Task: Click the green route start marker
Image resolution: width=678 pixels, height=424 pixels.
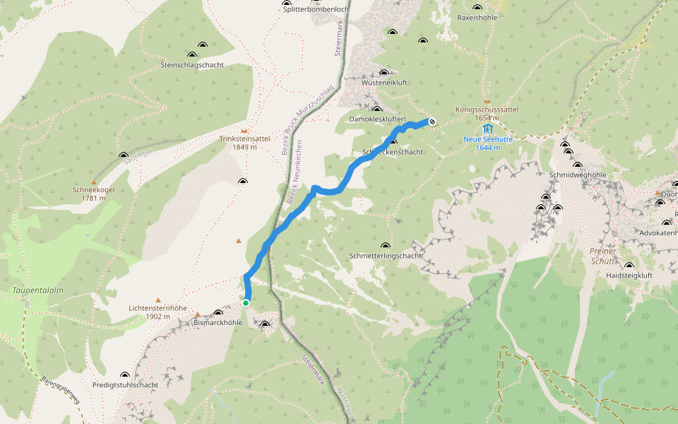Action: pyautogui.click(x=246, y=302)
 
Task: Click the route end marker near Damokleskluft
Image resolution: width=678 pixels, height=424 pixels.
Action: pyautogui.click(x=432, y=122)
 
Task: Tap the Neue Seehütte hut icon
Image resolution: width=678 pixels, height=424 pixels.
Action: pyautogui.click(x=488, y=129)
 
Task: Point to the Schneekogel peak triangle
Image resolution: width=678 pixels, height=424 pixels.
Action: pyautogui.click(x=93, y=182)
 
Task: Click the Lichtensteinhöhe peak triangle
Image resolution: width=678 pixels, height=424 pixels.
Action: pyautogui.click(x=158, y=300)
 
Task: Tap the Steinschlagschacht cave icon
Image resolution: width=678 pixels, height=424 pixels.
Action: pyautogui.click(x=192, y=55)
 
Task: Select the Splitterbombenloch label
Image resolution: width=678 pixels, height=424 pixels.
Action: pyautogui.click(x=315, y=9)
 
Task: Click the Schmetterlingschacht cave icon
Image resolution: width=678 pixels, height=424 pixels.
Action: pyautogui.click(x=386, y=245)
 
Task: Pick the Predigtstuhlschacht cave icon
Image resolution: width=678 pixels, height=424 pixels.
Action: pyautogui.click(x=125, y=375)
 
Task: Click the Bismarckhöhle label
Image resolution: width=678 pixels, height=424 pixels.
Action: pyautogui.click(x=218, y=322)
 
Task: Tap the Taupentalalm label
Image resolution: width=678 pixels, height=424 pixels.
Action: pyautogui.click(x=38, y=290)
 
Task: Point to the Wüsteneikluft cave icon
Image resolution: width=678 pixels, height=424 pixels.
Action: pyautogui.click(x=384, y=73)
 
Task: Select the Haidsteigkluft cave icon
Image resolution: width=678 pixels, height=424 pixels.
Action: pyautogui.click(x=629, y=266)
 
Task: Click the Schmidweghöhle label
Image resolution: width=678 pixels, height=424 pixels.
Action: pyautogui.click(x=578, y=175)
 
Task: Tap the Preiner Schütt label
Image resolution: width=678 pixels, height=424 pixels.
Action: pyautogui.click(x=602, y=256)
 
